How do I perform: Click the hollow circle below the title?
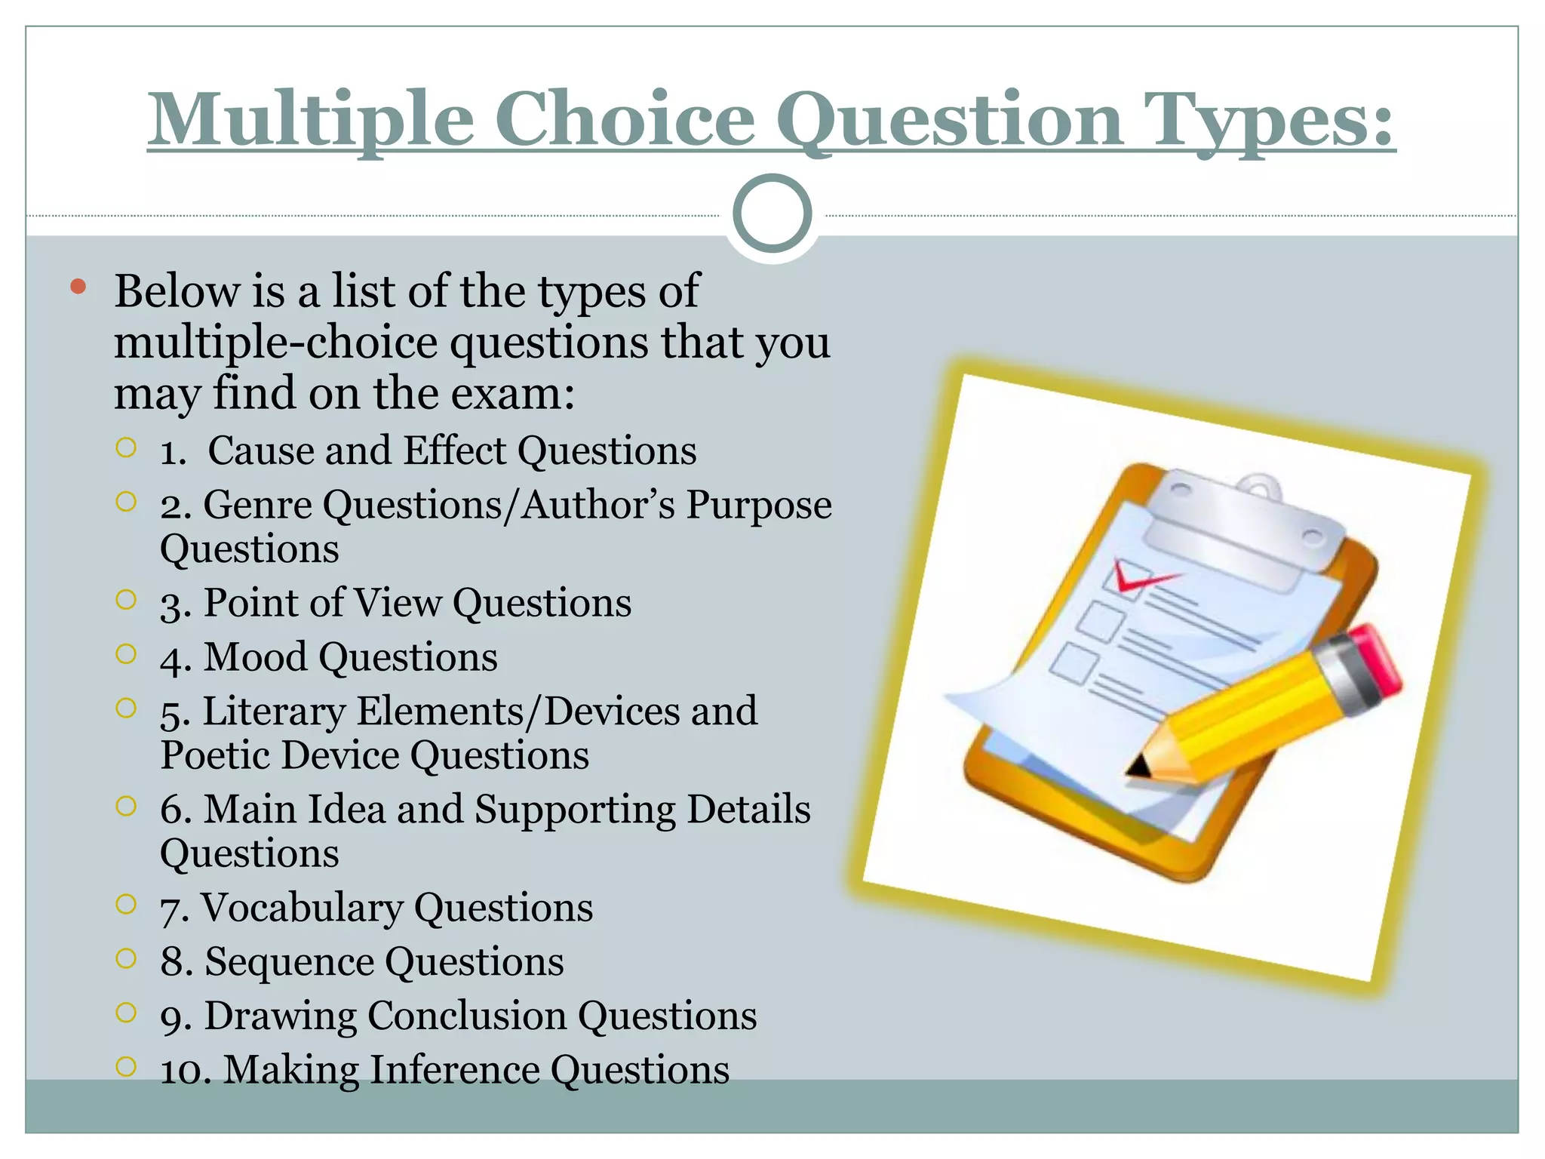click(772, 214)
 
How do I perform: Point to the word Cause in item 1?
click(260, 451)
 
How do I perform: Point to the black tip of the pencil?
click(1138, 768)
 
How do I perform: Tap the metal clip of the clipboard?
click(1237, 528)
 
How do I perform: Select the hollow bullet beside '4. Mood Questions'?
click(126, 653)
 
